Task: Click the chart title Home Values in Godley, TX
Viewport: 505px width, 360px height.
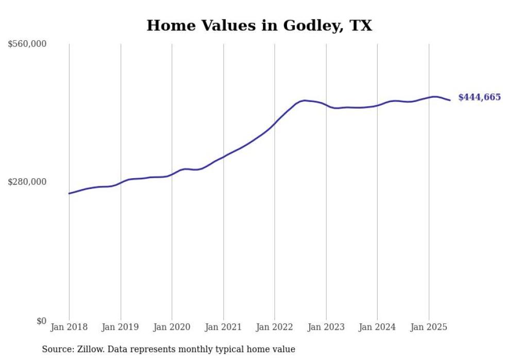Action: [259, 25]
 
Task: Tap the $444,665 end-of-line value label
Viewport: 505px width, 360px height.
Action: [479, 97]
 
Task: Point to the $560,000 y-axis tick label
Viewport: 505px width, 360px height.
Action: [27, 44]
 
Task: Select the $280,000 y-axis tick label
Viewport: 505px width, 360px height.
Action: [27, 182]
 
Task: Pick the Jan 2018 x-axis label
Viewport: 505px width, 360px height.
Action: [69, 327]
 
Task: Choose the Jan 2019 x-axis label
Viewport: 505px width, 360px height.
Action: [121, 327]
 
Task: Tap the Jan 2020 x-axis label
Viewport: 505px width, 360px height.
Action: [172, 327]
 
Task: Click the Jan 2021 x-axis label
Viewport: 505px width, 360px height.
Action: [223, 327]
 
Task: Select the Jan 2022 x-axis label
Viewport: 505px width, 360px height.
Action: [275, 327]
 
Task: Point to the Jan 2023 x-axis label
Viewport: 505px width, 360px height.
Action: [326, 327]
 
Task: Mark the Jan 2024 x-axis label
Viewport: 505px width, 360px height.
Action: [377, 327]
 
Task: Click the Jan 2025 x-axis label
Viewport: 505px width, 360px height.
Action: [429, 327]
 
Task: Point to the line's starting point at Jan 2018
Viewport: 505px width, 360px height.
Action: [69, 194]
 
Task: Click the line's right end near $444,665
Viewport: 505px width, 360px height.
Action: [450, 100]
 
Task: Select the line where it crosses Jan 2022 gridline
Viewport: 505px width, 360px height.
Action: [275, 124]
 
